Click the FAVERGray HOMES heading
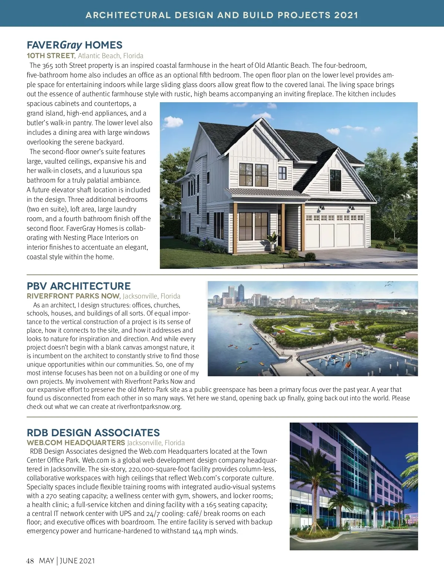coord(74,45)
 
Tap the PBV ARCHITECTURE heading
coord(78,286)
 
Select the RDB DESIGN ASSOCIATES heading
coord(93,433)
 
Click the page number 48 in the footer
coord(30,561)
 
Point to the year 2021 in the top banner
coord(346,15)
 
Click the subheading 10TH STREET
coord(51,56)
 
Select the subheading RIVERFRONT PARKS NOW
coord(73,296)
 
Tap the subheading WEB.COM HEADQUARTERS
coord(76,443)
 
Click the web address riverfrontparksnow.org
coord(149,407)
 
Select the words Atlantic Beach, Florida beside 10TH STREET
coord(111,56)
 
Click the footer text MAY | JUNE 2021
coord(67,561)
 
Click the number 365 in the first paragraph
coord(47,66)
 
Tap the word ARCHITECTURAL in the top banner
coord(128,15)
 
